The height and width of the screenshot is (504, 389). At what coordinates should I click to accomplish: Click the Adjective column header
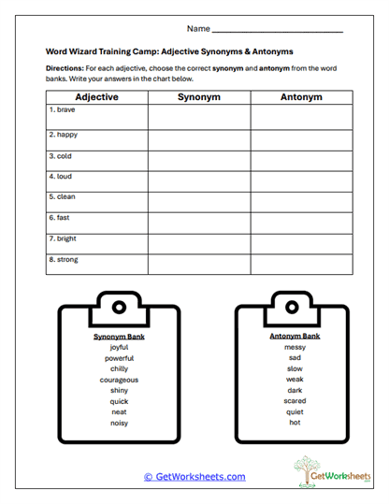click(x=96, y=97)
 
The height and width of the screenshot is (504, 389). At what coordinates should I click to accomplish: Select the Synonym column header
click(x=199, y=97)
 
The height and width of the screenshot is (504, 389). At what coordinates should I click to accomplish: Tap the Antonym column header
click(x=301, y=97)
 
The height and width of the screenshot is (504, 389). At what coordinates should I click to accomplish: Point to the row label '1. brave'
click(x=62, y=110)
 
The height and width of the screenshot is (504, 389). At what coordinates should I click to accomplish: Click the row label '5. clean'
click(x=63, y=196)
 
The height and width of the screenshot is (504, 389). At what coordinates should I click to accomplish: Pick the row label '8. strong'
click(x=64, y=260)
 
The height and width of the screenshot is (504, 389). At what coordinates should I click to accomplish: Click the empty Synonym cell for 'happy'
click(x=199, y=139)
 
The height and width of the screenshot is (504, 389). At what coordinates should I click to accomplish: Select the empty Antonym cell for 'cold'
click(x=301, y=161)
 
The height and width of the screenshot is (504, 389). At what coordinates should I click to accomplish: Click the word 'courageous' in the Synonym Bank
click(x=119, y=380)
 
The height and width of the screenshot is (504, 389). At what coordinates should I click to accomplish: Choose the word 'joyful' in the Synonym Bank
click(x=119, y=347)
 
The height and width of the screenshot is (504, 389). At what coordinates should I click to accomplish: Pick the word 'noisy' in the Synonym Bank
click(x=119, y=423)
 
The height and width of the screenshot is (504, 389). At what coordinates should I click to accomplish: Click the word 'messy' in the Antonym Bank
click(x=295, y=347)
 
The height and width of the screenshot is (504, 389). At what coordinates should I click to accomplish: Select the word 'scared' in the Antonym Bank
click(x=295, y=401)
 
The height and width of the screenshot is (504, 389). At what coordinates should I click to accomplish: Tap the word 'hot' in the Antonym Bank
click(x=295, y=423)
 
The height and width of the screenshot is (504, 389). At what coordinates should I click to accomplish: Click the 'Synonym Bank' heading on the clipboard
click(x=119, y=335)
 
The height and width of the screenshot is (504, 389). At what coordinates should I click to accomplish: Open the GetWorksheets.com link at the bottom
click(x=194, y=476)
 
